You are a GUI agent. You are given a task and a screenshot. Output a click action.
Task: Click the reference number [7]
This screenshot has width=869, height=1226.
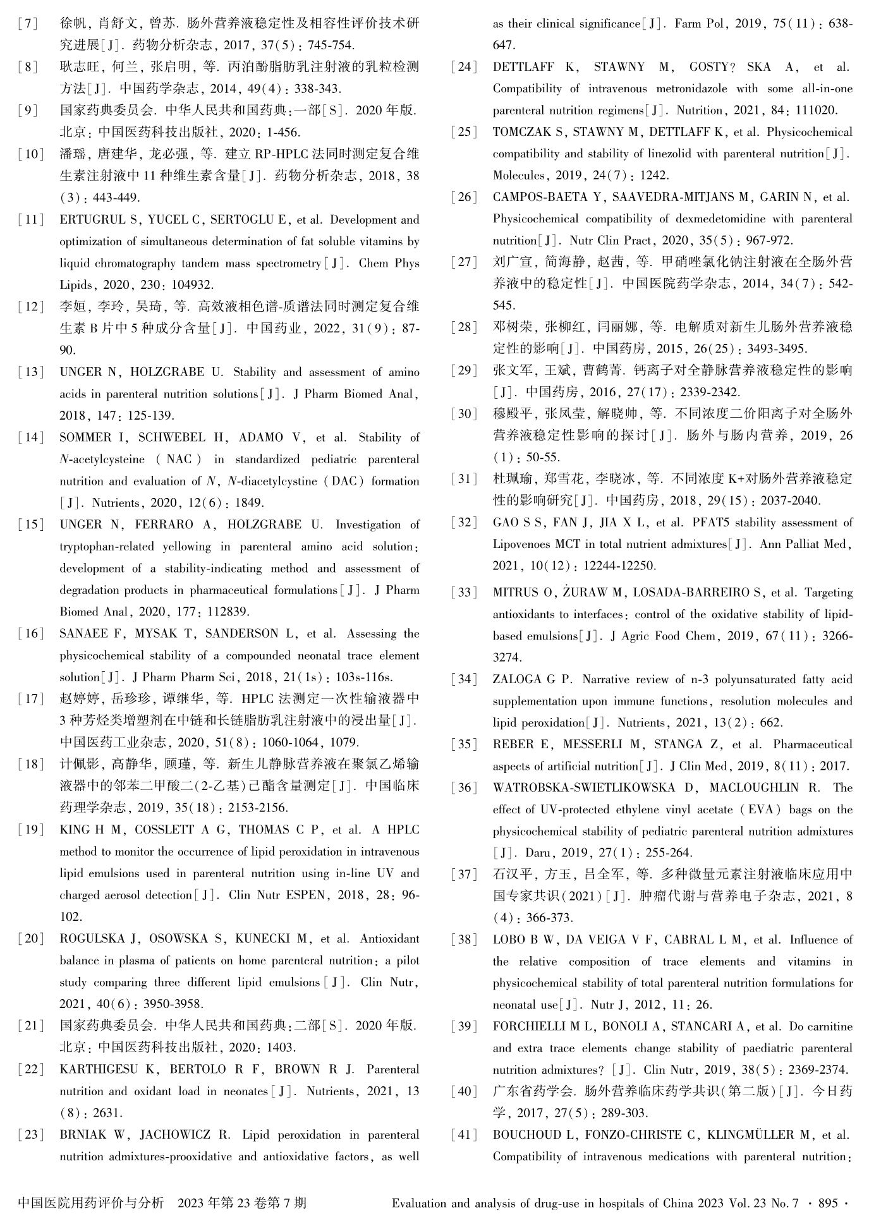click(x=28, y=24)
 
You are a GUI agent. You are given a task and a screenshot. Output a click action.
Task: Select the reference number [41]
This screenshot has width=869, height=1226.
click(x=464, y=1135)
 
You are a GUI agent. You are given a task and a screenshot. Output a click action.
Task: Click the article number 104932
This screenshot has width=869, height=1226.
click(x=190, y=285)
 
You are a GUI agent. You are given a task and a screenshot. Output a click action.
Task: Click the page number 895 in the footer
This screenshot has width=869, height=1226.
click(x=828, y=1203)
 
